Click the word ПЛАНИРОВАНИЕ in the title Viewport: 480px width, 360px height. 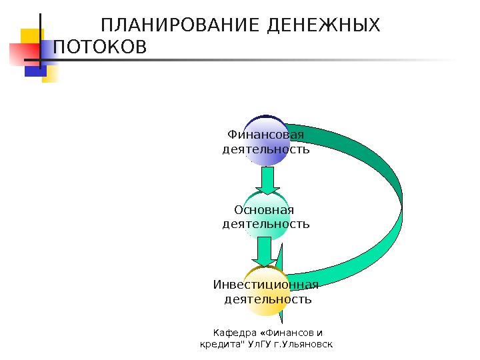tap(179, 26)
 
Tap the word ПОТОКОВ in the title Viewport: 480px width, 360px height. tap(99, 48)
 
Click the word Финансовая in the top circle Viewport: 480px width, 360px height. tap(265, 135)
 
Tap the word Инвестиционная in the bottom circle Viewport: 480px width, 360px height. tap(265, 285)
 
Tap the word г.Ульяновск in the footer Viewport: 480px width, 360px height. tap(307, 344)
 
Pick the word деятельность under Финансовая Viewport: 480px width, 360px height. tap(265, 149)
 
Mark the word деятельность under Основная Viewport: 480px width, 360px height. tap(265, 224)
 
